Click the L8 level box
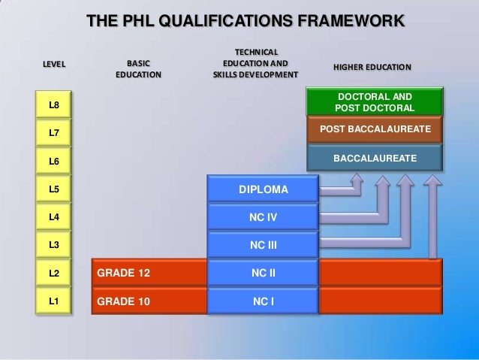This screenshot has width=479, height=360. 54,104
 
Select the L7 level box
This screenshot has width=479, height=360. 54,133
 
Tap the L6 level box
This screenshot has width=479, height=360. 54,161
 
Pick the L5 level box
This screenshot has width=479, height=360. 54,189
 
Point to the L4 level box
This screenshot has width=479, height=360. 54,217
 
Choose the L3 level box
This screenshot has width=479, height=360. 54,245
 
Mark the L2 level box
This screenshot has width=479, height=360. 54,273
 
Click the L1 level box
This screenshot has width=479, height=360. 54,301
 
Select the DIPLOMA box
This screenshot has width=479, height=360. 264,189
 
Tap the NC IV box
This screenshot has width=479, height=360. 264,216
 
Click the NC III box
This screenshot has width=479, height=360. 264,244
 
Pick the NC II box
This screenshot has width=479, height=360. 264,272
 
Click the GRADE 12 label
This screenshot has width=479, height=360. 123,273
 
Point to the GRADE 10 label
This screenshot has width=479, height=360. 123,301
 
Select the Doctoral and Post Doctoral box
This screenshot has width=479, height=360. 375,103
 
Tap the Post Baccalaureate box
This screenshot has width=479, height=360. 375,130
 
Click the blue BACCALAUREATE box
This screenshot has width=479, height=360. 375,159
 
